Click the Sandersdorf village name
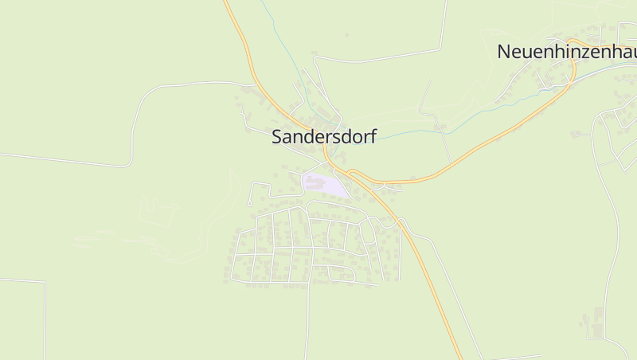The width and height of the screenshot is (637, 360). pos(323,136)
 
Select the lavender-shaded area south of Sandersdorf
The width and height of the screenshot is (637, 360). pos(334,188)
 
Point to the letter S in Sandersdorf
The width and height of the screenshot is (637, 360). pos(278,136)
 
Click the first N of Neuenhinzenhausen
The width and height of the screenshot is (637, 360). pos(504,52)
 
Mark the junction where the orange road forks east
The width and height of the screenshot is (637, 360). pos(351,172)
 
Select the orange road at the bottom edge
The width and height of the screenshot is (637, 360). pos(459,356)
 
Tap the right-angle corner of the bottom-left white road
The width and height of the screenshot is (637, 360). pos(45,282)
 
